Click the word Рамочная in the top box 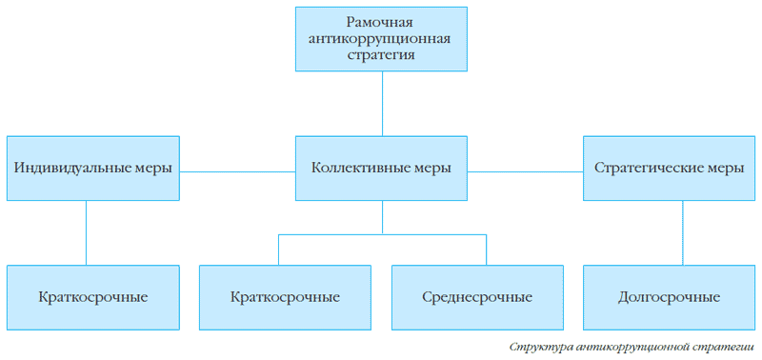pyautogui.click(x=382, y=22)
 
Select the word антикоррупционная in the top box pyautogui.click(x=382, y=38)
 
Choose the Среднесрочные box pyautogui.click(x=477, y=296)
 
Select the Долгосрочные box pyautogui.click(x=670, y=296)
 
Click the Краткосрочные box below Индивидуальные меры pyautogui.click(x=93, y=296)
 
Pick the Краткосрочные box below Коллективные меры pyautogui.click(x=286, y=296)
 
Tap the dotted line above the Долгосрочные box pyautogui.click(x=683, y=232)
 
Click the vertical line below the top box pyautogui.click(x=382, y=103)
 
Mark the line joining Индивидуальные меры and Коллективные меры pyautogui.click(x=237, y=171)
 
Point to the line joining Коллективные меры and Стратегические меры pyautogui.click(x=525, y=171)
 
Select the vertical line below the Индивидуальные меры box pyautogui.click(x=87, y=232)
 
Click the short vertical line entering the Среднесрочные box pyautogui.click(x=486, y=250)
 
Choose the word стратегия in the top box pyautogui.click(x=382, y=55)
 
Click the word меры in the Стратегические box pyautogui.click(x=726, y=168)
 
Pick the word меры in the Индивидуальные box pyautogui.click(x=152, y=168)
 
